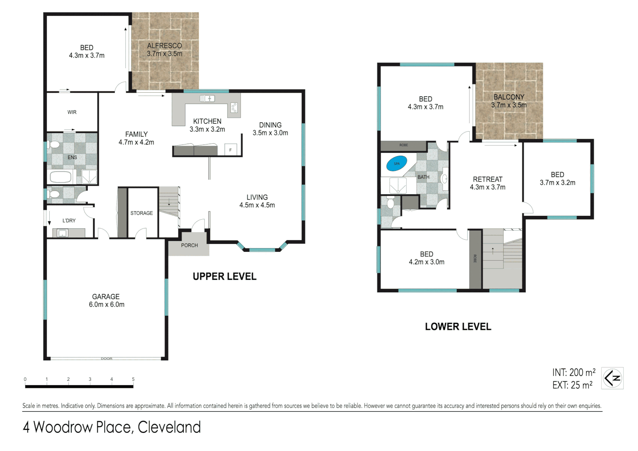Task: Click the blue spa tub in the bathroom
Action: (x=397, y=164)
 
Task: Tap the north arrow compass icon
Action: (x=612, y=378)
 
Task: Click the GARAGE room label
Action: (x=106, y=296)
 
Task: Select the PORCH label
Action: (x=190, y=246)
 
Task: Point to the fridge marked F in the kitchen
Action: (x=230, y=149)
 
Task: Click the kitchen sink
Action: (x=207, y=99)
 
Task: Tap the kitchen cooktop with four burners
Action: (x=234, y=108)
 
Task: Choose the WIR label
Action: (x=72, y=112)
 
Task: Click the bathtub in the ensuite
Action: (x=61, y=177)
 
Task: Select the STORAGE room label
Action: (x=142, y=213)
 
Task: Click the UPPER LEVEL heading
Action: (x=225, y=276)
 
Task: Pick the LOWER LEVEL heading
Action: (x=458, y=327)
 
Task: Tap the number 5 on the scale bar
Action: (x=133, y=379)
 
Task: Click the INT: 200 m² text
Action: (x=574, y=372)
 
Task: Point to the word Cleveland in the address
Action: (x=169, y=427)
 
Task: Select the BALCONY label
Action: (x=509, y=97)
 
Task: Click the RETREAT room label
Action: (x=488, y=179)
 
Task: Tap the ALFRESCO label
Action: (x=165, y=46)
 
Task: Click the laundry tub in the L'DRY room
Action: (x=63, y=233)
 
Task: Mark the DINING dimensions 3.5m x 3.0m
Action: (x=270, y=133)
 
